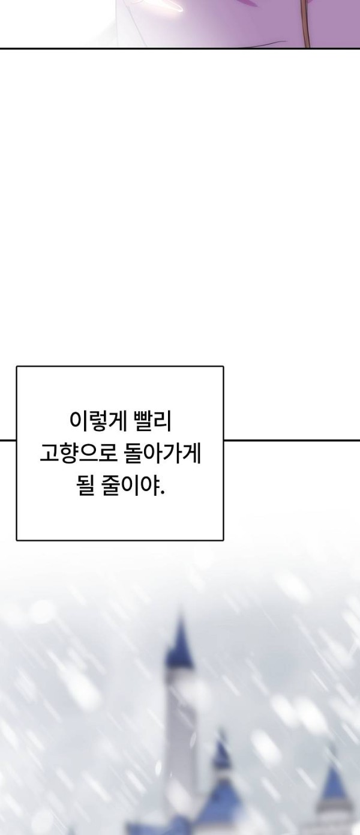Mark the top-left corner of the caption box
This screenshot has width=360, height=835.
17,367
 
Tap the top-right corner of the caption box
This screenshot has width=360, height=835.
223,367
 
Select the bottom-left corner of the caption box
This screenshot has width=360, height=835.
17,540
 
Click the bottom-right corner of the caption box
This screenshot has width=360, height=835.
223,540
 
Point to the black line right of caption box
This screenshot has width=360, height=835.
291,440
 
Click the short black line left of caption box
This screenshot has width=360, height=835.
8,440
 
